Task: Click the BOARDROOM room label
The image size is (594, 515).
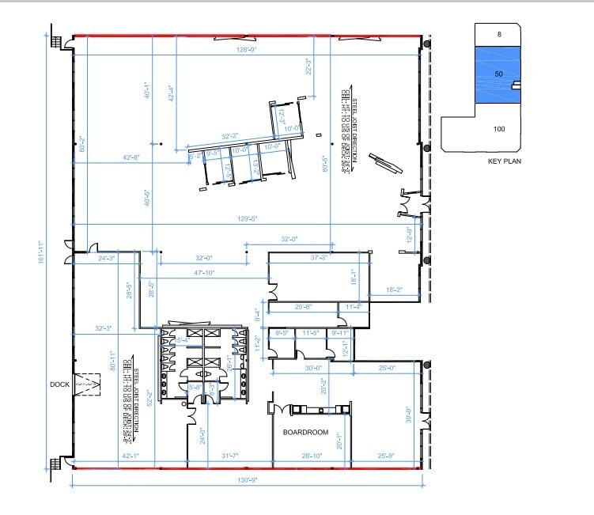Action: [x=305, y=433]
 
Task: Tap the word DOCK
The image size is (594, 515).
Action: [x=59, y=384]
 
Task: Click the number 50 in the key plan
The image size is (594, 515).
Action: [x=498, y=74]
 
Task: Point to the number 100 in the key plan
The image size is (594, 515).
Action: [x=499, y=129]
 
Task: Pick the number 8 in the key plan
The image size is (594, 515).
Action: [x=499, y=35]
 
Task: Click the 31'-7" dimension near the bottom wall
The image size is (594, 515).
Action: [x=230, y=455]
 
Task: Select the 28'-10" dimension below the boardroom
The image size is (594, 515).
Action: [x=311, y=455]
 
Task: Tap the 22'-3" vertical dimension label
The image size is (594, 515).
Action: [x=308, y=66]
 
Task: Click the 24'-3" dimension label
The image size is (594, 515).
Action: [x=108, y=258]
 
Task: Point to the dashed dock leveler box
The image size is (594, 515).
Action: [x=87, y=384]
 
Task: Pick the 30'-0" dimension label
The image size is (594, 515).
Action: [x=313, y=367]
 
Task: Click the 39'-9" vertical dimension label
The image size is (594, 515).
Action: [x=408, y=415]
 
